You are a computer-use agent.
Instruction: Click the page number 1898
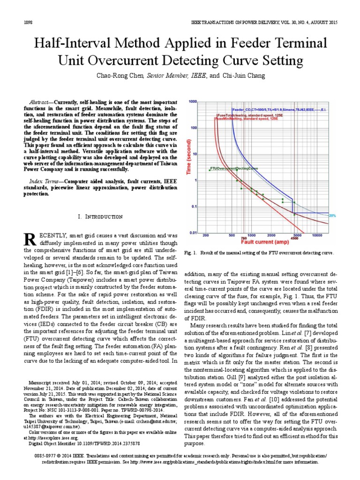pyautogui.click(x=27, y=23)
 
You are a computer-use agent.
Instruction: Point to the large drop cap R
pyautogui.click(x=30, y=239)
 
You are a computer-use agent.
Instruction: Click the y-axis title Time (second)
pyautogui.click(x=190, y=164)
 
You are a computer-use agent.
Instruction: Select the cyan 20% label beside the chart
pyautogui.click(x=332, y=216)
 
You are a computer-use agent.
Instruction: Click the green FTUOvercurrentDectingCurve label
pyautogui.click(x=234, y=167)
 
